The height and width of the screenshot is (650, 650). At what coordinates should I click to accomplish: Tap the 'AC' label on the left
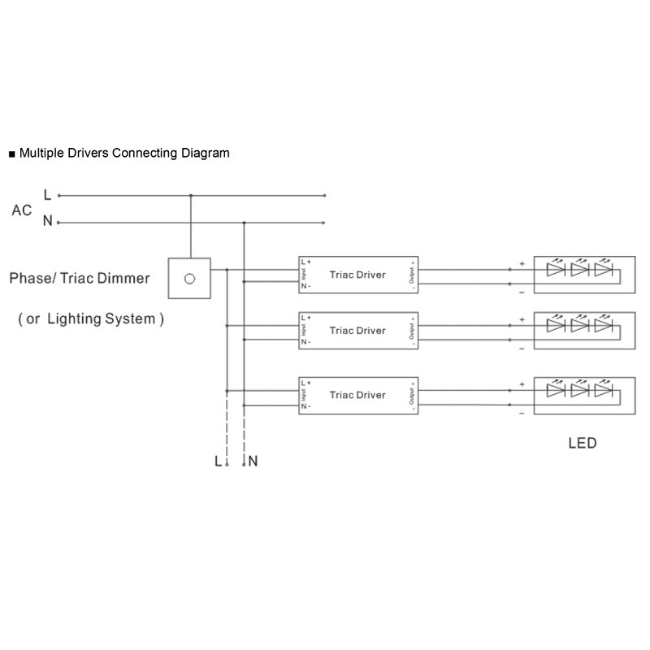pos(22,210)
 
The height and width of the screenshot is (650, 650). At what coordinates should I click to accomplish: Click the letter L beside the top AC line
pos(47,195)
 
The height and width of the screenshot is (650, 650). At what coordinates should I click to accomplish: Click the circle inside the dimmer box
pos(189,279)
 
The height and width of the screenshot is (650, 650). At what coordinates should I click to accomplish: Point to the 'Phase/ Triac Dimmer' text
pos(80,279)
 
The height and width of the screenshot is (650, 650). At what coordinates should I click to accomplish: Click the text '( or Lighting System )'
pos(91,319)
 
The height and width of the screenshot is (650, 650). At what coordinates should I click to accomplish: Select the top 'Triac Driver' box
pos(357,275)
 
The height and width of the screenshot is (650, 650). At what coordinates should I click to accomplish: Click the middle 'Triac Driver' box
pos(357,331)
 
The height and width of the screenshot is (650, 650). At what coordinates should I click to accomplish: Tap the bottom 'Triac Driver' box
pos(357,396)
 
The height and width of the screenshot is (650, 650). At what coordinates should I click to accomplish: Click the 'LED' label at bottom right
pos(582,444)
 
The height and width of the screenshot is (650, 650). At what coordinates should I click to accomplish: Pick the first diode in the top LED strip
pos(557,269)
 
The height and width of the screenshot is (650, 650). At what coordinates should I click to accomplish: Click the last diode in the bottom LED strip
pos(603,391)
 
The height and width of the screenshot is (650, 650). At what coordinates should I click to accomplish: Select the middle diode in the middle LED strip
pos(579,325)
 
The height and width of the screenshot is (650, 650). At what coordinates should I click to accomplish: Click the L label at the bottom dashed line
pos(217,461)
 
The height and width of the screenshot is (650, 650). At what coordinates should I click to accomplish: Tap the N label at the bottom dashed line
pos(253,461)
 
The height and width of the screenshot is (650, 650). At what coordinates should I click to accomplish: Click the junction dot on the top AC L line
pos(191,195)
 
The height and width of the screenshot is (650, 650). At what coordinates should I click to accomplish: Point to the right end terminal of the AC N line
pos(325,222)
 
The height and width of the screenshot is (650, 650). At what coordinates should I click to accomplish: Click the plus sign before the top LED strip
pos(521,263)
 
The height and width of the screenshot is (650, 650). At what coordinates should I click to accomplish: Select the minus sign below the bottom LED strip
pos(521,413)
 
